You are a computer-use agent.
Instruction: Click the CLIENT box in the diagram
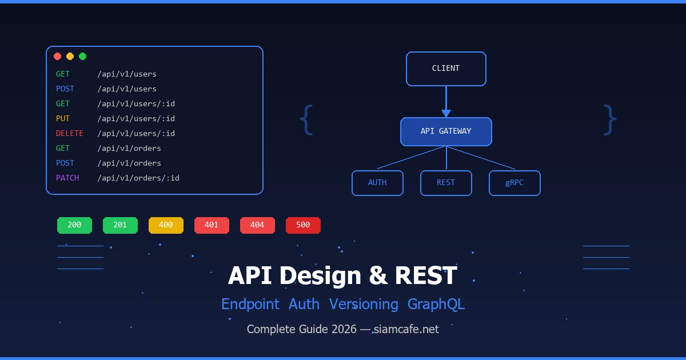(446, 69)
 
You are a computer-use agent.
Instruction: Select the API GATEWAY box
(446, 131)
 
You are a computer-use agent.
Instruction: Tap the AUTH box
(377, 183)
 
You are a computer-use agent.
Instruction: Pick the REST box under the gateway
(446, 183)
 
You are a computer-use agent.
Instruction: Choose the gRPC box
(514, 183)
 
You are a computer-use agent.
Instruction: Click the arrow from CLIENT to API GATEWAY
(446, 103)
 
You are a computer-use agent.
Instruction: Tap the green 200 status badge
(74, 225)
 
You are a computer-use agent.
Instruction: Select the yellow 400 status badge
(166, 225)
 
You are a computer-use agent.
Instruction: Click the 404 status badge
(257, 225)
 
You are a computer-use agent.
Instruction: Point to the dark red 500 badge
(303, 225)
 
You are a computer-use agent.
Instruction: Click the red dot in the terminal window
(57, 56)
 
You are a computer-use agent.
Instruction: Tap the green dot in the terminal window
(82, 56)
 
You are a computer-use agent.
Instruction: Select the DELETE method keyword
(69, 133)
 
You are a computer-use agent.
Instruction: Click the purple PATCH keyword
(67, 178)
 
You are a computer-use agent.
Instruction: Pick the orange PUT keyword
(62, 118)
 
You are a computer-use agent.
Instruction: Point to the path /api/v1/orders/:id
(138, 178)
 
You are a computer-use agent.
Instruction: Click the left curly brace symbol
(307, 120)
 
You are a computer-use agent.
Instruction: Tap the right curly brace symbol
(610, 120)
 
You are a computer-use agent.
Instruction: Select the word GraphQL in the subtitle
(436, 304)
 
